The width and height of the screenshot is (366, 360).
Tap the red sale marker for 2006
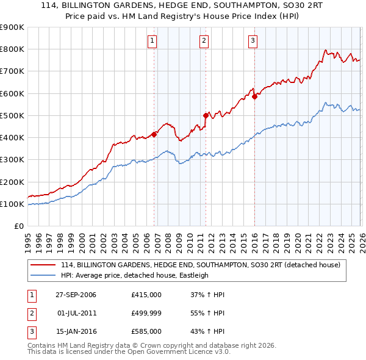pyautogui.click(x=154, y=134)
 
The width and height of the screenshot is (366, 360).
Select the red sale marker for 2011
pyautogui.click(x=206, y=115)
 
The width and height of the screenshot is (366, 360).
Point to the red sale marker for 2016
pyautogui.click(x=254, y=96)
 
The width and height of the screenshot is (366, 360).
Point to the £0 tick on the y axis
pyautogui.click(x=18, y=226)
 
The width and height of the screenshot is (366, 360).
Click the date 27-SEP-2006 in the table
pyautogui.click(x=76, y=295)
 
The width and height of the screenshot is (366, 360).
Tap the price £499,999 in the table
pyautogui.click(x=146, y=313)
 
